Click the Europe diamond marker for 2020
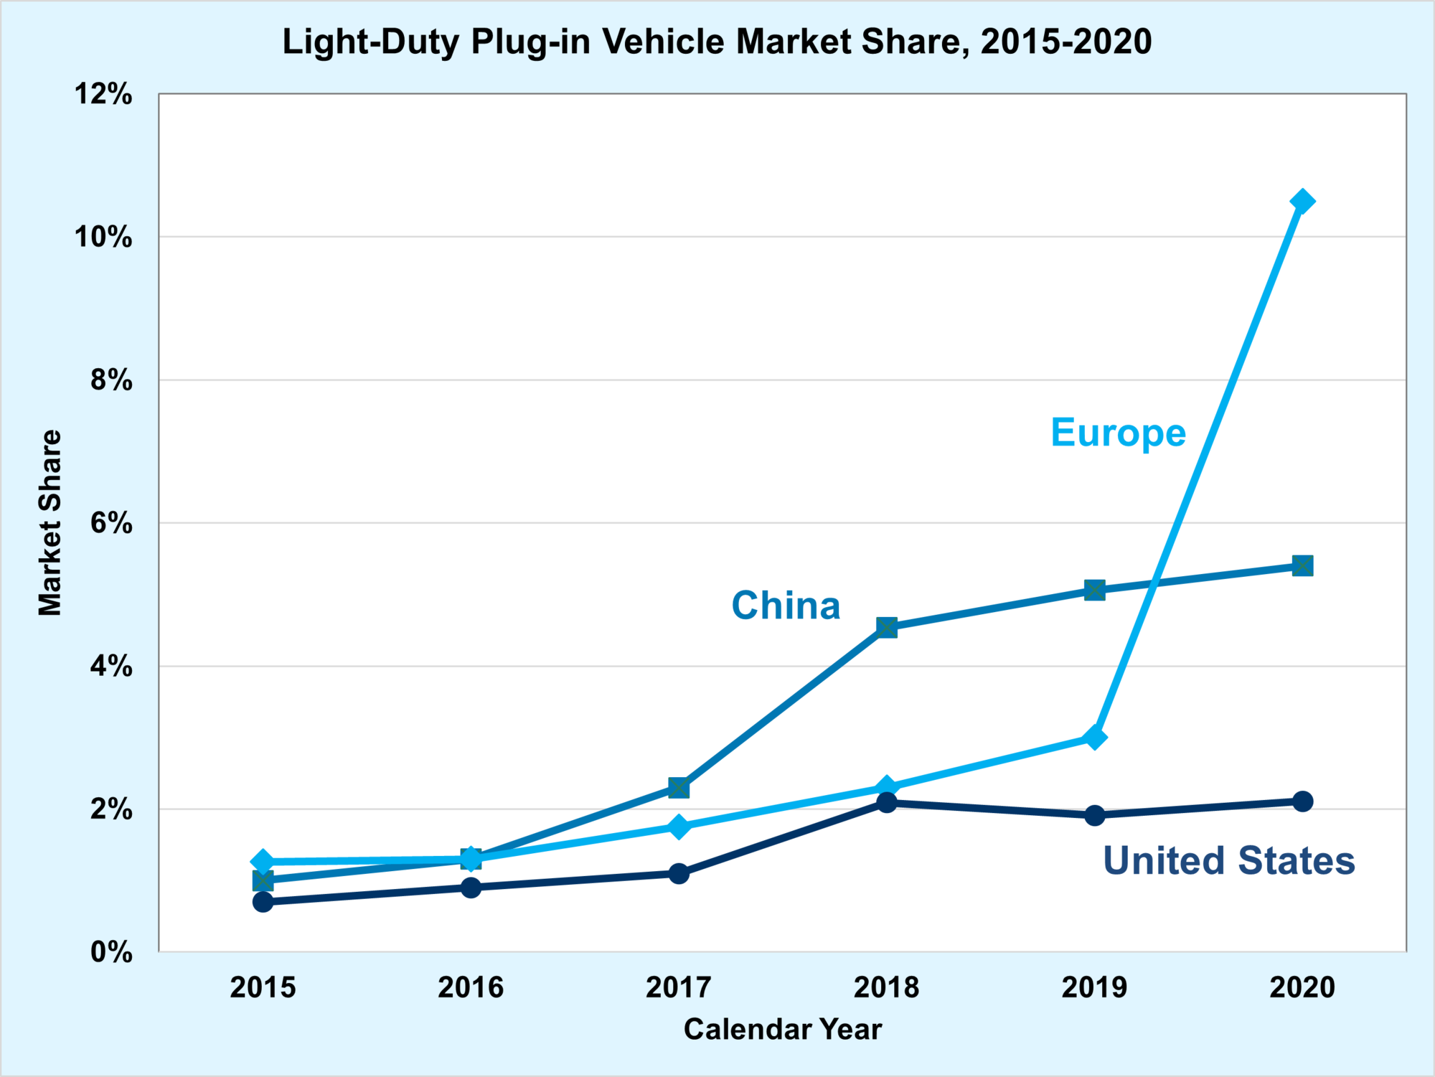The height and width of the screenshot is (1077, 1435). pos(1302,202)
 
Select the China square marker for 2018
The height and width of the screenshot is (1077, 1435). pos(887,627)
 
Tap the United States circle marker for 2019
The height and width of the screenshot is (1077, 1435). pos(1094,815)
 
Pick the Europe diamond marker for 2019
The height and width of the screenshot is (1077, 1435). pos(1094,737)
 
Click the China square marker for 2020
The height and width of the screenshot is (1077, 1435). pos(1302,566)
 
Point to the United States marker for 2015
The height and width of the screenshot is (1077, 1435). pos(263,901)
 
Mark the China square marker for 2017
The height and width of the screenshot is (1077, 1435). pos(679,788)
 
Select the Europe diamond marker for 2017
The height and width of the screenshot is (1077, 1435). pos(679,827)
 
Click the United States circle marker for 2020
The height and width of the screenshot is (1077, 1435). pos(1302,801)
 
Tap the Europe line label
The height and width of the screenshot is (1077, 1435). pos(1118,433)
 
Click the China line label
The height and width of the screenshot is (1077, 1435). pos(786,606)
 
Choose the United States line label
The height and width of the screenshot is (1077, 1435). pos(1228,860)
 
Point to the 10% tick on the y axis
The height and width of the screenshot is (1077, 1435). pos(104,237)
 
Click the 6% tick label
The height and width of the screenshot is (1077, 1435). pos(111,523)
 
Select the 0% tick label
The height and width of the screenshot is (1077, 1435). pos(111,952)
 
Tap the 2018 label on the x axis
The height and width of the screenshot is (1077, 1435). pos(886,987)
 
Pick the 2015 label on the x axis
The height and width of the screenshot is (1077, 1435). pos(263,987)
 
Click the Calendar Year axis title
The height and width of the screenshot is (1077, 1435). pos(782,1029)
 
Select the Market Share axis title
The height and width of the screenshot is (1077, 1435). pos(50,522)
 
